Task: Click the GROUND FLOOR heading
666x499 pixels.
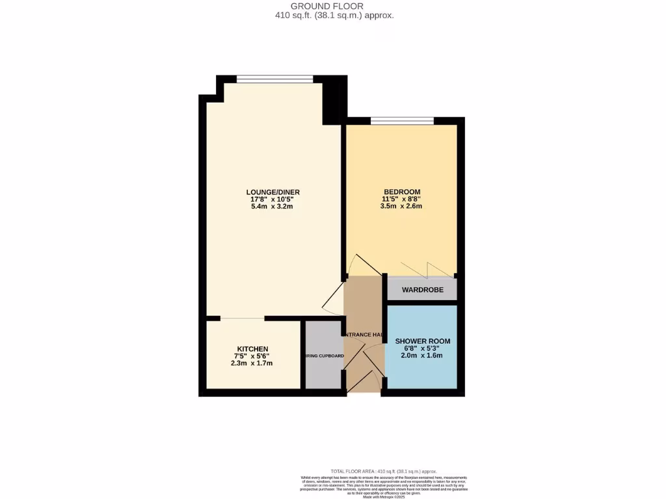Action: pyautogui.click(x=332, y=6)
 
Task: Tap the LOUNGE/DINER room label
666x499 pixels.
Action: pyautogui.click(x=273, y=192)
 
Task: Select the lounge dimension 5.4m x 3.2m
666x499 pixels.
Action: pyautogui.click(x=273, y=207)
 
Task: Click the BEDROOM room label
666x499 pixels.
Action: pyautogui.click(x=401, y=191)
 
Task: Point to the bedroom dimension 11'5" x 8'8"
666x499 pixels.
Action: pyautogui.click(x=401, y=199)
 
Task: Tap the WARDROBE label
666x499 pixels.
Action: pyautogui.click(x=422, y=290)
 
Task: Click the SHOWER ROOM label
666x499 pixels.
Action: pyautogui.click(x=423, y=341)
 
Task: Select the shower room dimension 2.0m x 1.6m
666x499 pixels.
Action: pyautogui.click(x=423, y=355)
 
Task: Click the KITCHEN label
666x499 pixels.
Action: pyautogui.click(x=252, y=349)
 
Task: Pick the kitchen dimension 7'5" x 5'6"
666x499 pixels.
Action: pyautogui.click(x=252, y=356)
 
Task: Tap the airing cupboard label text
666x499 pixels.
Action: pyautogui.click(x=323, y=356)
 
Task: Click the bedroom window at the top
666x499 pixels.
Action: pyautogui.click(x=402, y=120)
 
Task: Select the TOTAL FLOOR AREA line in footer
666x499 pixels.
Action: pyautogui.click(x=384, y=471)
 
